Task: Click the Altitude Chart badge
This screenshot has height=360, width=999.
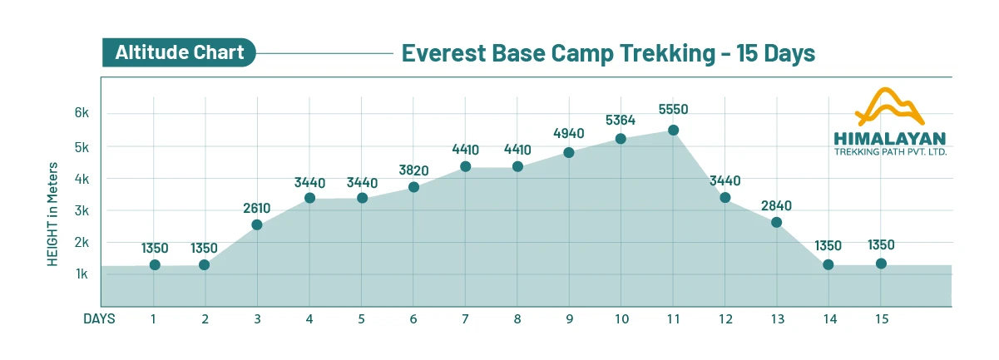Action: tap(179, 53)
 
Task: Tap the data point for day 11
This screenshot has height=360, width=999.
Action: tap(673, 130)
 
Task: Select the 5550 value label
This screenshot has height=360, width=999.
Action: tap(673, 109)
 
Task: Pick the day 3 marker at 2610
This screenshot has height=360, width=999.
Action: tap(257, 224)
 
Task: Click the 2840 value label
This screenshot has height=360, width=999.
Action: tap(776, 205)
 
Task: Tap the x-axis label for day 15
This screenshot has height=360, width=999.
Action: tap(880, 318)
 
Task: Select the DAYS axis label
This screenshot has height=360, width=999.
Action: tap(99, 318)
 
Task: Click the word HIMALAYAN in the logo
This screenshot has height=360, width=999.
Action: tap(889, 138)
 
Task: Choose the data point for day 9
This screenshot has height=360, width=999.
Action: tap(569, 152)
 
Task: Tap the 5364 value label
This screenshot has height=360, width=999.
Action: tap(621, 121)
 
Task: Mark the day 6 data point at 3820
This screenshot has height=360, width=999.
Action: tap(413, 187)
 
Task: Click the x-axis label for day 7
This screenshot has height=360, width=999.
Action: tap(465, 318)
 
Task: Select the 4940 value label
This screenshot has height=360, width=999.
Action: tap(569, 133)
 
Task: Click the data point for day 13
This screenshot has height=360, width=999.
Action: tap(776, 222)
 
